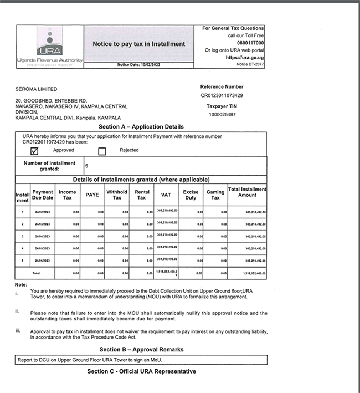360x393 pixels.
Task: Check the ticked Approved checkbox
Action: pos(34,150)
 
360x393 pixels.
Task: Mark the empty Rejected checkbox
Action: pos(102,150)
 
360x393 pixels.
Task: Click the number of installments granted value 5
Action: pos(87,165)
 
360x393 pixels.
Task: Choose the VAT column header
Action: pos(166,195)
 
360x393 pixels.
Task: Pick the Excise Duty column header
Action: pos(191,195)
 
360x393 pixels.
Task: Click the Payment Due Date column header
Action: pos(43,195)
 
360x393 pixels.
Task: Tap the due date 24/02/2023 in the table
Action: pos(43,212)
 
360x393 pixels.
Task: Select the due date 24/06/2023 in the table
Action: pos(43,260)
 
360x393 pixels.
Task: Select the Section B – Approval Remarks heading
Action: pos(141,350)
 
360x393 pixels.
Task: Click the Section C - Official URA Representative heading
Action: pos(141,371)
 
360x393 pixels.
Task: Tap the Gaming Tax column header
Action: pos(215,195)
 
